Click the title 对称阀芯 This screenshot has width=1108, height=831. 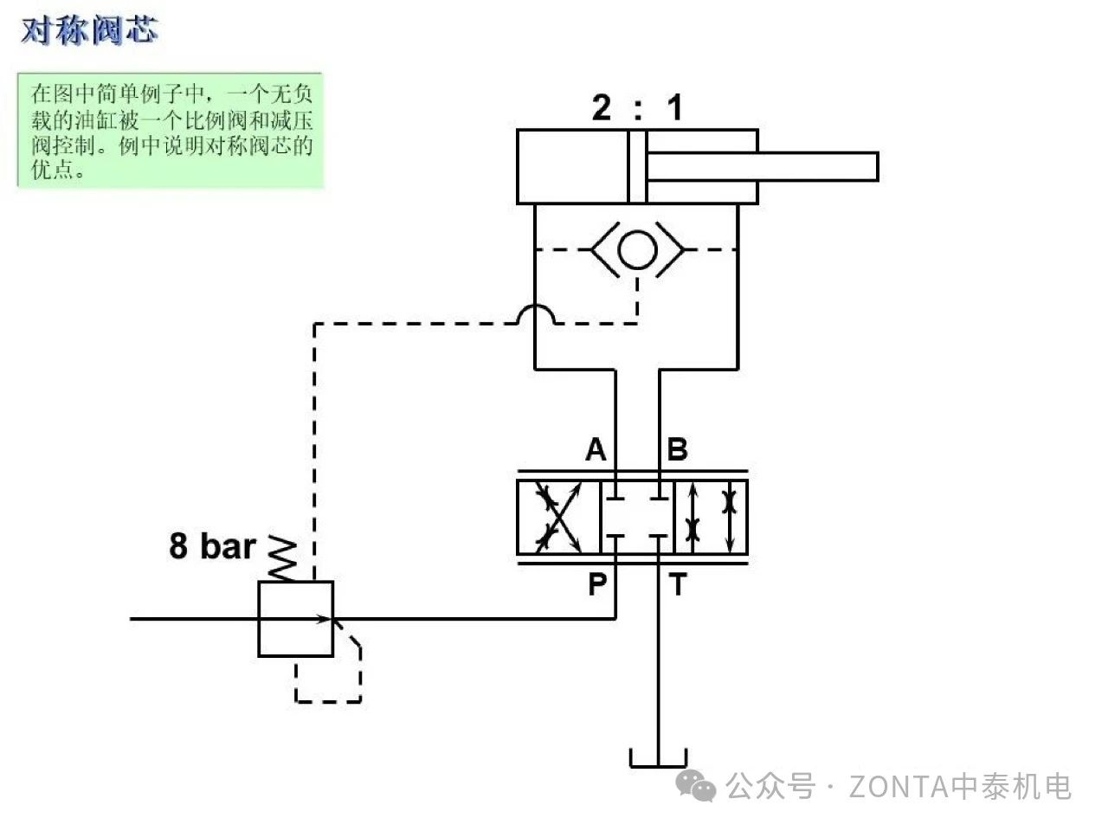[89, 30]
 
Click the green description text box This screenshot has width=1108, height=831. [171, 130]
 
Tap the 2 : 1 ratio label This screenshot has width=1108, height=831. [637, 108]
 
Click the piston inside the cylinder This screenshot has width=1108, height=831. [638, 167]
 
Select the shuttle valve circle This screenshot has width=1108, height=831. [638, 249]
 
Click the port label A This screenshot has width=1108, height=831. [596, 449]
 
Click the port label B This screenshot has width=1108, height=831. [678, 449]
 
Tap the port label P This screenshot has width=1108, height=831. [597, 584]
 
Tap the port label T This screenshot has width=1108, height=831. [678, 585]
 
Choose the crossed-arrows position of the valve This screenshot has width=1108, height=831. [558, 517]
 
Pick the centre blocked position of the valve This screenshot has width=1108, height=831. [637, 517]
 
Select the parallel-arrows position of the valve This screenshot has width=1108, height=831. [711, 517]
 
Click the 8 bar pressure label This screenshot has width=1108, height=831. [212, 546]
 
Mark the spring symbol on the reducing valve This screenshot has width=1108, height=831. [284, 558]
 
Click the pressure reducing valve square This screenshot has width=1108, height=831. [295, 619]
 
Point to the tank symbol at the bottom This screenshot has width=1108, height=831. [659, 760]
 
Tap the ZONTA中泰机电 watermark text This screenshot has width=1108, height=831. [960, 786]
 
